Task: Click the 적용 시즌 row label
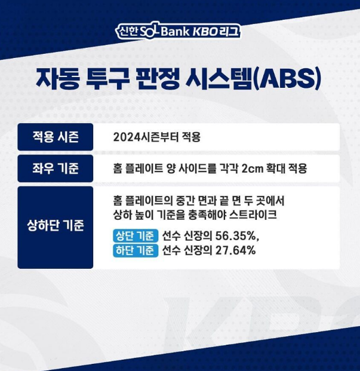coord(55,137)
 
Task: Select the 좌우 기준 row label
coord(55,168)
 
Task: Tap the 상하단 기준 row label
coord(55,227)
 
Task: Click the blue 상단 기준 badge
coord(135,236)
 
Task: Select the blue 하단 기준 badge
coord(135,250)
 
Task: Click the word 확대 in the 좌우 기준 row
coord(282,168)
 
